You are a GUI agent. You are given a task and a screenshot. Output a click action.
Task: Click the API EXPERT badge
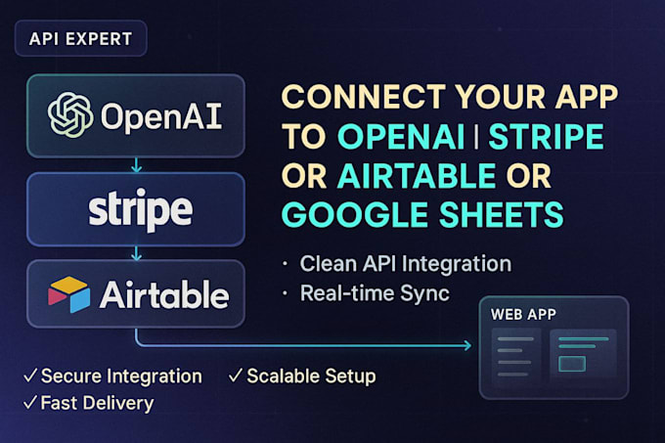point(81,40)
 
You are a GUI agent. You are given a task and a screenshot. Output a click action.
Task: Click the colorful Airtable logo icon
point(68,293)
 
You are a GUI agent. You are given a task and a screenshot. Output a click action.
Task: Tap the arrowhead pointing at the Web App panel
point(465,344)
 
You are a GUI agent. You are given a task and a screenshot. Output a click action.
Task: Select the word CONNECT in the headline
point(351,99)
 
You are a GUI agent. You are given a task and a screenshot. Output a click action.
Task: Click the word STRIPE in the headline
point(545,138)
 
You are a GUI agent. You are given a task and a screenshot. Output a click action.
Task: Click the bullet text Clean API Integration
point(405,263)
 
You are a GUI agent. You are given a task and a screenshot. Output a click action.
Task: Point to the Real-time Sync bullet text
point(375,292)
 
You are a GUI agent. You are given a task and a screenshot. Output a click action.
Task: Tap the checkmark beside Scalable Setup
point(235,377)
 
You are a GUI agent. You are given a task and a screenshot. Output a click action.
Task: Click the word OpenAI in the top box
point(162,117)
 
